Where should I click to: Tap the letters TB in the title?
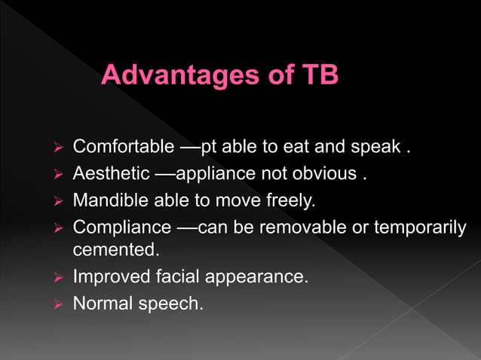coord(318,77)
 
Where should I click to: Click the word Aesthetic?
coord(111,174)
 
